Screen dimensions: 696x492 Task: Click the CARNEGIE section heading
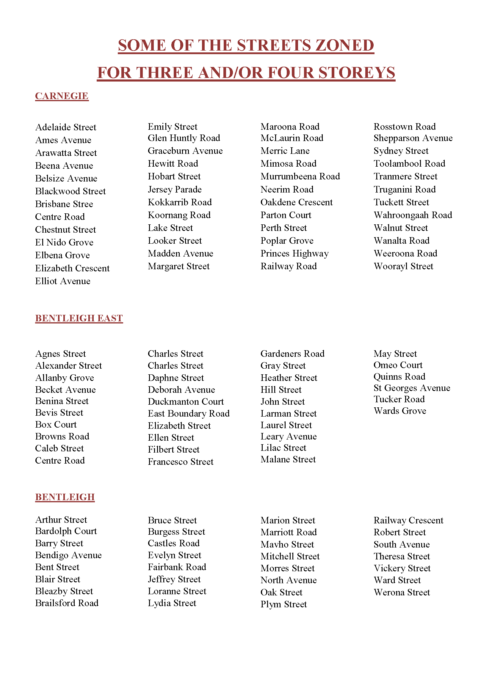[62, 96]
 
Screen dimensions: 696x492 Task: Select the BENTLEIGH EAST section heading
[79, 318]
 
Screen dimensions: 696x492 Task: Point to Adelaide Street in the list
[66, 127]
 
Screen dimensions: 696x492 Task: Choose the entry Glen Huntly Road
[184, 138]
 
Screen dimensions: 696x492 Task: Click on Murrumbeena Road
[300, 176]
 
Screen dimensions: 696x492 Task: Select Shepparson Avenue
[413, 138]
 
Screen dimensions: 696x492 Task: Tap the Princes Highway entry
[294, 254]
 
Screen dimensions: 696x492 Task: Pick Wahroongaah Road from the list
[413, 215]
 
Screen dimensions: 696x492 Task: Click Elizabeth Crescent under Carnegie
[72, 268]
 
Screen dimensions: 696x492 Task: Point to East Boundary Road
[188, 414]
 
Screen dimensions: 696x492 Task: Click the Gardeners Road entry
[292, 354]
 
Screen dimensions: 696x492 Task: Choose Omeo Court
[398, 365]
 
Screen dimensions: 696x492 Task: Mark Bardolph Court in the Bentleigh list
[66, 531]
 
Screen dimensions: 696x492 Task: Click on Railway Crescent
[408, 520]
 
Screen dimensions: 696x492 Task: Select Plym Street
[283, 604]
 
